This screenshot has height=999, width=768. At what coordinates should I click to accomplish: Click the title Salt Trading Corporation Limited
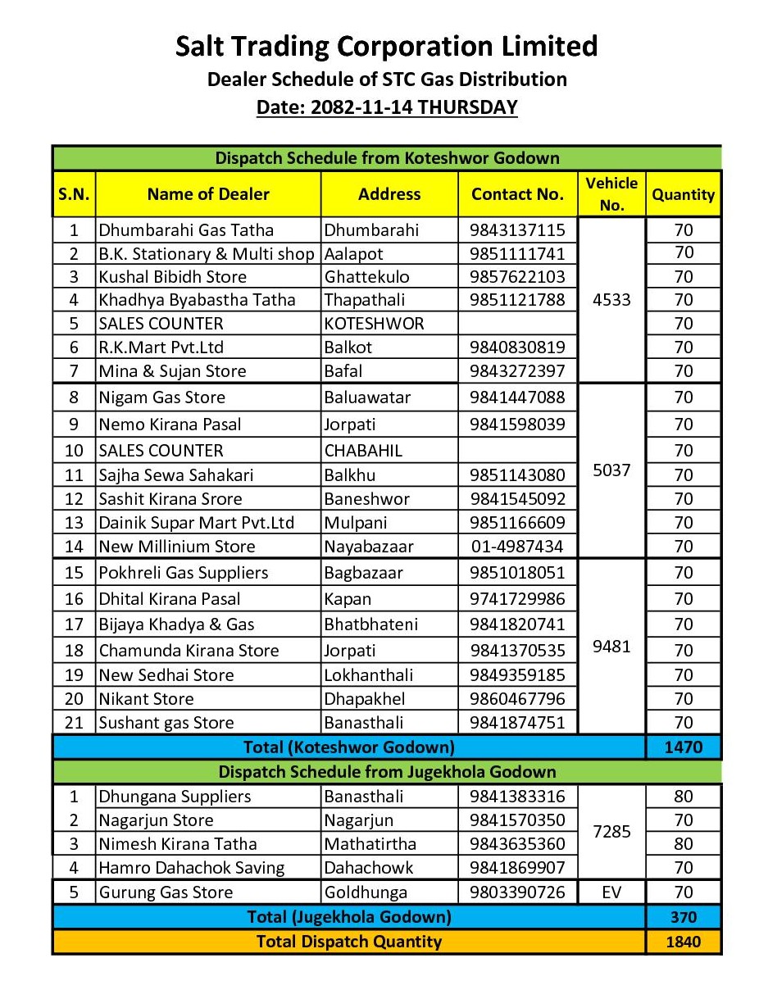point(387,46)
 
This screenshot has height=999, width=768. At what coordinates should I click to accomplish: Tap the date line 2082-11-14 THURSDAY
point(387,107)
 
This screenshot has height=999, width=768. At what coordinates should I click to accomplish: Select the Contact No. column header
point(517,194)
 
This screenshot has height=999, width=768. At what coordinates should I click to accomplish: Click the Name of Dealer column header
point(208,194)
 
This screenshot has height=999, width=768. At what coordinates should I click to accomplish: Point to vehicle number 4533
point(611,300)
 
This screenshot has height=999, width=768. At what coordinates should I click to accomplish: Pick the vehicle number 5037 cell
point(611,470)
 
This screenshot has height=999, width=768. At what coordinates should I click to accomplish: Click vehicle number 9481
point(611,647)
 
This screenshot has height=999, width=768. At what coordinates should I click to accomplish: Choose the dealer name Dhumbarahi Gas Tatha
point(186,229)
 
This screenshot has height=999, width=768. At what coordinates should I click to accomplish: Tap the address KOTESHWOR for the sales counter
point(374,324)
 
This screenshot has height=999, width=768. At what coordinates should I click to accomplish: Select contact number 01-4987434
point(517,547)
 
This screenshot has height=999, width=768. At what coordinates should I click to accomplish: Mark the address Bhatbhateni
point(370,624)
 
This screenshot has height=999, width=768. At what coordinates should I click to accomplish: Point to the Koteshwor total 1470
point(684,747)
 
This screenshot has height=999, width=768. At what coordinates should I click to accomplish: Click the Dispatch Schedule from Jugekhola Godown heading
point(387,772)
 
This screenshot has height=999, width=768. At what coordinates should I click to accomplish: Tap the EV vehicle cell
point(611,892)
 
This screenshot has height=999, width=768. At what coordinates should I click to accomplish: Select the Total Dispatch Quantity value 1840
point(684,942)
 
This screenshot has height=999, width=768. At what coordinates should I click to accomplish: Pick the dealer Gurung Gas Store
point(166,892)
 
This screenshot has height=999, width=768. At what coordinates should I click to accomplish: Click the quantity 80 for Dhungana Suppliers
point(684,797)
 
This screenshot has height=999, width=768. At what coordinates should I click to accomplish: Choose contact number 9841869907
point(517,868)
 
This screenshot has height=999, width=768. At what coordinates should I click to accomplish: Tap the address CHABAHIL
point(366,451)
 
